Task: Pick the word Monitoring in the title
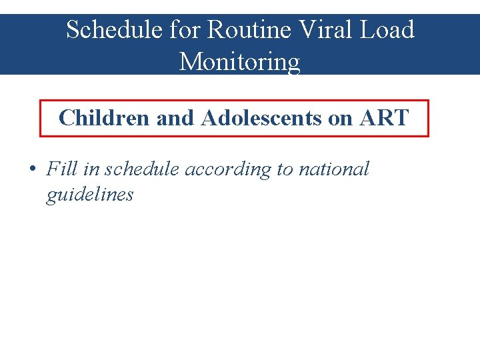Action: click(240, 62)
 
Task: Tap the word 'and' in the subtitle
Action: click(175, 118)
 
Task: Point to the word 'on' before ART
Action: click(341, 118)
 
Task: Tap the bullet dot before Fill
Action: click(32, 169)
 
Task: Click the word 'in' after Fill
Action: click(91, 169)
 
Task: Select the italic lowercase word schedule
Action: click(142, 169)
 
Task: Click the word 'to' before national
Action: click(285, 169)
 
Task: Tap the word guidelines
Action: click(89, 195)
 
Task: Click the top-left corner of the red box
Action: click(41, 101)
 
